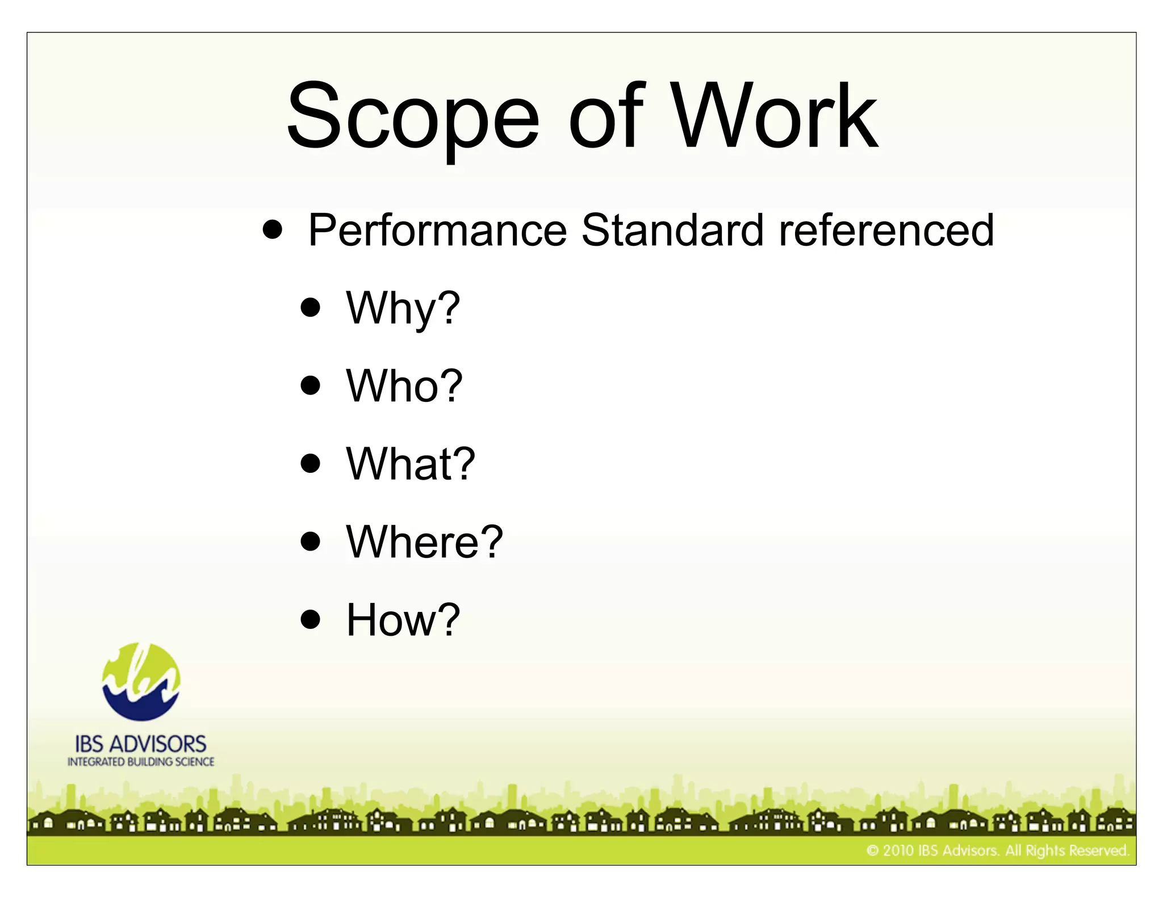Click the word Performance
(437, 230)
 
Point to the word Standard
(672, 230)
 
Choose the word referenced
(886, 230)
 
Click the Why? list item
(403, 308)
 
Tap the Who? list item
(404, 386)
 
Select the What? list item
(410, 464)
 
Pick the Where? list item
(424, 542)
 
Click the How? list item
(403, 620)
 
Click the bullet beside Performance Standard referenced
(273, 230)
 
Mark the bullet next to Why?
(311, 308)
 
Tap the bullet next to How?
(311, 619)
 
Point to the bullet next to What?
(311, 463)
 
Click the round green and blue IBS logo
(141, 682)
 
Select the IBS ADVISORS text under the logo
(141, 744)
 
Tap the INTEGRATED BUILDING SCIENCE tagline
(141, 762)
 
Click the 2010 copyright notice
(997, 850)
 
